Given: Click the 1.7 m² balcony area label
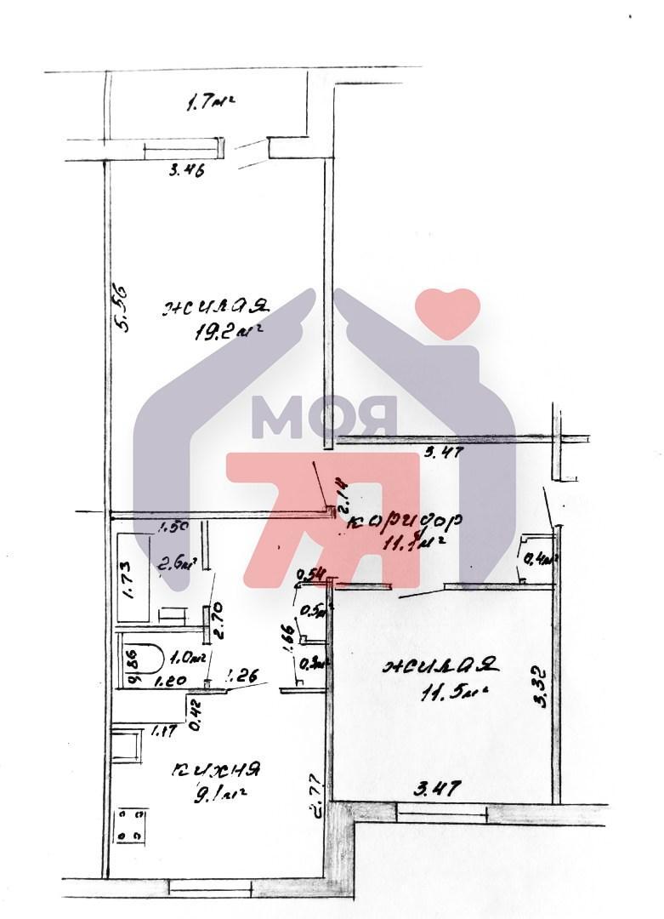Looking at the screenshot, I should point(209,105).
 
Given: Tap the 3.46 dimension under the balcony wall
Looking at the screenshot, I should point(187,169).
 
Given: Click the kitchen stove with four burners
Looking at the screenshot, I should point(131,825).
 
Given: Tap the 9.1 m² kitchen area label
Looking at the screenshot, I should point(219,797).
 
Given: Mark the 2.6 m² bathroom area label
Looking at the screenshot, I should point(179,562).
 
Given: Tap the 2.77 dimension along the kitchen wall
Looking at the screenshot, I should point(315,794).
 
